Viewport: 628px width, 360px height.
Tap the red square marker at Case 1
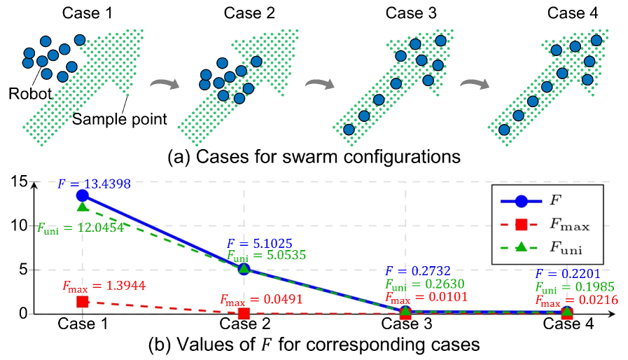[83, 301]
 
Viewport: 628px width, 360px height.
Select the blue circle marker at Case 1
[83, 195]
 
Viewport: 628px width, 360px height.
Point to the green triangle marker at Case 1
[83, 207]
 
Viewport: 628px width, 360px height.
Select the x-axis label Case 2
[244, 324]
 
